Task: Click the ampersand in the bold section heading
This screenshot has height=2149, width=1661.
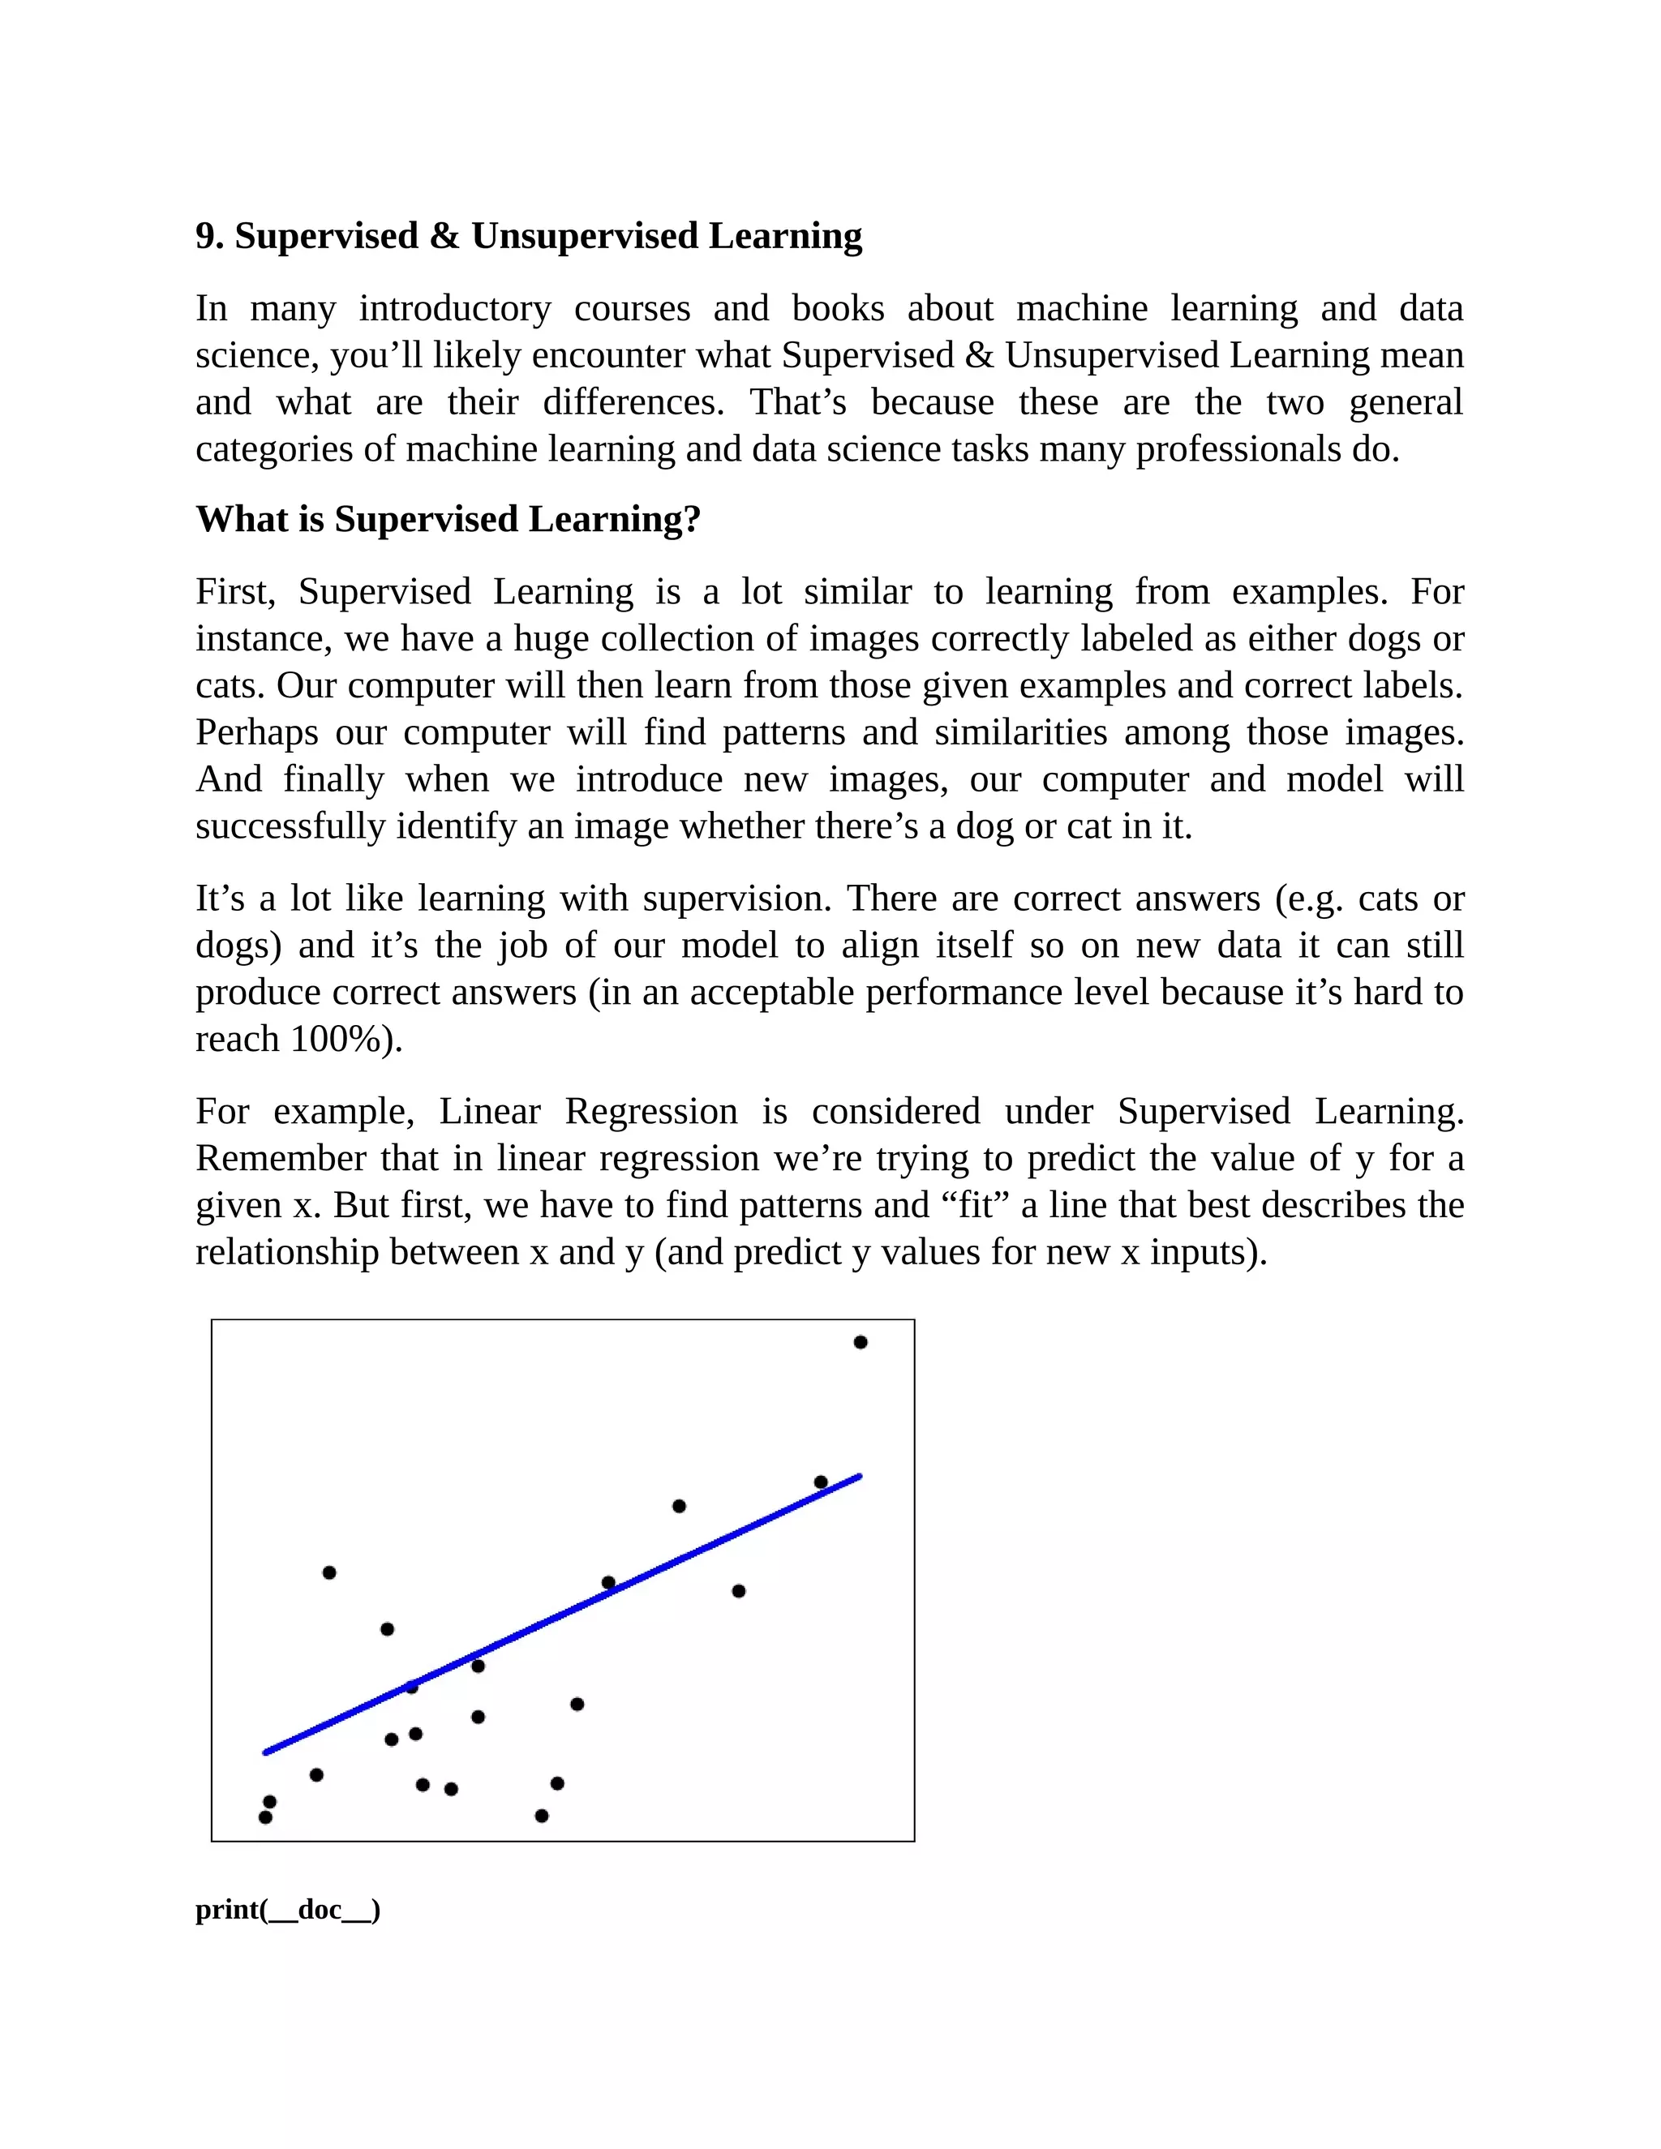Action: tap(444, 237)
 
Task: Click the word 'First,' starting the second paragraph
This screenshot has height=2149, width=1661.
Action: tap(235, 592)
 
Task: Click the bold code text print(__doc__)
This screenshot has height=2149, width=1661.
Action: tap(287, 1910)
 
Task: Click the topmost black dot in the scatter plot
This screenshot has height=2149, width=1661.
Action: tap(860, 1342)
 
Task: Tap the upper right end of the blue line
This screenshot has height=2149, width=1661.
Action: tap(859, 1476)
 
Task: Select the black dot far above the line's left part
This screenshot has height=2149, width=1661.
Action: tap(328, 1572)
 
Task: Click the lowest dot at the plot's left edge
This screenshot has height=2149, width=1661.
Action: tap(264, 1817)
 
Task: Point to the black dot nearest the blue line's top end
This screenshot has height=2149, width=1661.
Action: tap(821, 1482)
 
